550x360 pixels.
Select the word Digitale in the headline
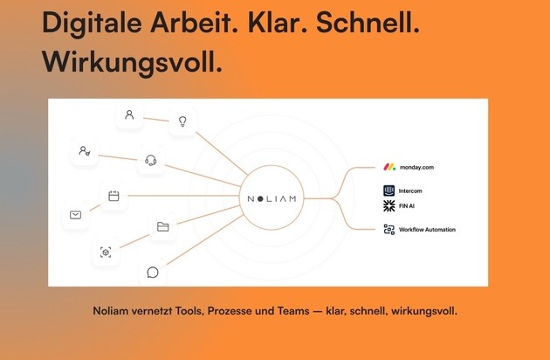[92, 24]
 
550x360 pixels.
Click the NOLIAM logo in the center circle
[272, 199]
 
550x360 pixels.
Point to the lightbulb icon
[182, 121]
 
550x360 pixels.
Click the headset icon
[150, 160]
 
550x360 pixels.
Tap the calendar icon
[113, 196]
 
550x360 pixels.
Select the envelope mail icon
[75, 215]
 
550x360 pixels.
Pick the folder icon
[162, 227]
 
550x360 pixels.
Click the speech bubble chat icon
[153, 273]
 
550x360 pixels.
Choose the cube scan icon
[106, 253]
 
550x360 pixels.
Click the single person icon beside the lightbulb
[129, 114]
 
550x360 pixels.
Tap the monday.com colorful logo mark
[389, 167]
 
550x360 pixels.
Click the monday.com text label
[416, 167]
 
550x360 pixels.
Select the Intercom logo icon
[389, 190]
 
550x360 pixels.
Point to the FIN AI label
[407, 206]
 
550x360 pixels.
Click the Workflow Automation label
[427, 230]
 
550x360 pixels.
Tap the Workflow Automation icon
[389, 229]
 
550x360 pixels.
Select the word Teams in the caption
[293, 311]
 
